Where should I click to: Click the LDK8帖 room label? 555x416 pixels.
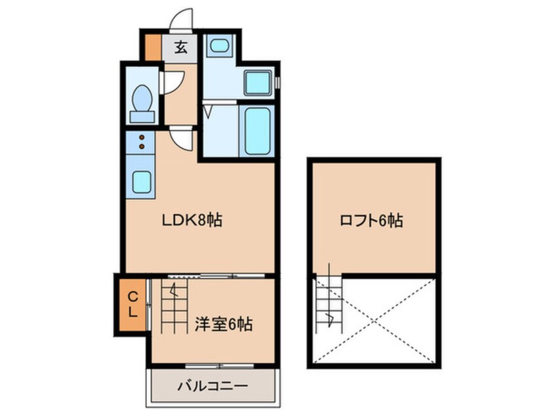point(192,220)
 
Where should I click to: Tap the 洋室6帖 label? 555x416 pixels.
point(224,324)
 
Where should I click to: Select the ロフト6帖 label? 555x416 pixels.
point(371,220)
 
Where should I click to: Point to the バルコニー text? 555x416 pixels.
point(213,386)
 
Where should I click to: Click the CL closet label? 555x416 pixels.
point(133,305)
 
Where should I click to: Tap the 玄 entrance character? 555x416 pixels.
point(181,47)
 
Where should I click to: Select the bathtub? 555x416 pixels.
point(257,131)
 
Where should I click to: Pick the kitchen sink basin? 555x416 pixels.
point(142,182)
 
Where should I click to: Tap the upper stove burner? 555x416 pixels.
point(142,137)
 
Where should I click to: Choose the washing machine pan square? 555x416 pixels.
point(258,83)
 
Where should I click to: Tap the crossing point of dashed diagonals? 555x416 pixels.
point(375,321)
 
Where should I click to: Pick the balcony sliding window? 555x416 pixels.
point(220,365)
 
